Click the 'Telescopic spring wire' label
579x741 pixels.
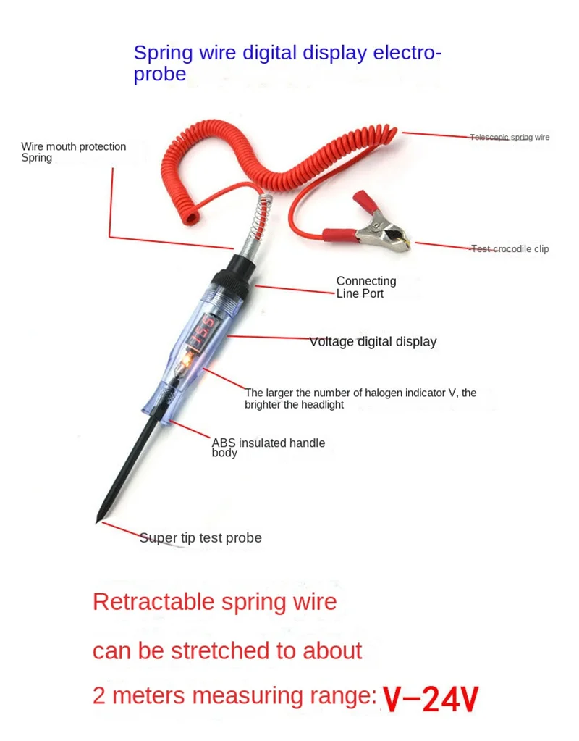(510, 137)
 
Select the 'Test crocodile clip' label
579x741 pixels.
(510, 248)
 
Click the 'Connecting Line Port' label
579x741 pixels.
(366, 287)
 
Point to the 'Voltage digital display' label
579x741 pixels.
(373, 341)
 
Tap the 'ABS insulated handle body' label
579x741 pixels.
(268, 447)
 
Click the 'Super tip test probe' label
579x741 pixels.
(200, 537)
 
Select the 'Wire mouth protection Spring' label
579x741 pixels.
(73, 151)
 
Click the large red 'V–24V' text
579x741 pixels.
(431, 698)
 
